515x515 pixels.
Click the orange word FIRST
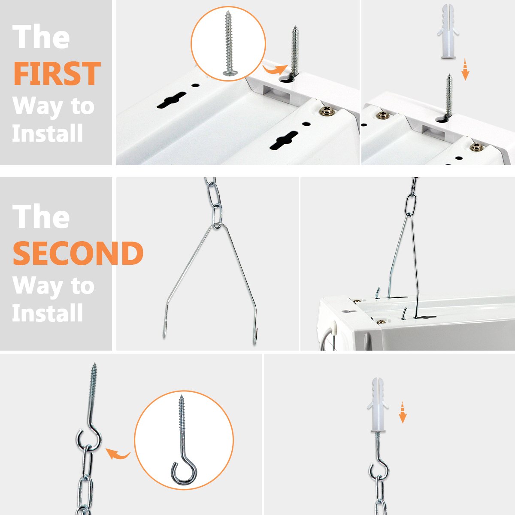pyautogui.click(x=57, y=73)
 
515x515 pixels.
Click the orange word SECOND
pyautogui.click(x=78, y=253)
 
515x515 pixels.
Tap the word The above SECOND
pyautogui.click(x=41, y=216)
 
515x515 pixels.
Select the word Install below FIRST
pyautogui.click(x=47, y=133)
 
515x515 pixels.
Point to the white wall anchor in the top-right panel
pyautogui.click(x=448, y=31)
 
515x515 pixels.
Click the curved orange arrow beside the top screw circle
pyautogui.click(x=275, y=70)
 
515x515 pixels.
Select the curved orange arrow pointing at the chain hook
pyautogui.click(x=118, y=453)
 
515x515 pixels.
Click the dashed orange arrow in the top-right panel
pyautogui.click(x=465, y=69)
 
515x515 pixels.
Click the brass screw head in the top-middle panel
pyautogui.click(x=327, y=111)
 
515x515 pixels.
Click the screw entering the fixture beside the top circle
pyautogui.click(x=295, y=52)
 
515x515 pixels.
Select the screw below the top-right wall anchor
pyautogui.click(x=449, y=96)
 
